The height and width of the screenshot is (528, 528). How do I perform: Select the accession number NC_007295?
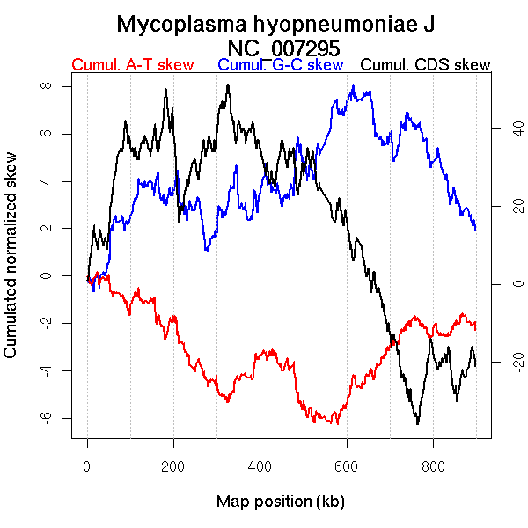pyautogui.click(x=283, y=47)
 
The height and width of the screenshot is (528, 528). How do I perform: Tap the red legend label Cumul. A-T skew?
pyautogui.click(x=132, y=65)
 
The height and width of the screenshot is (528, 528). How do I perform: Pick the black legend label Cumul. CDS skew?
pyautogui.click(x=426, y=65)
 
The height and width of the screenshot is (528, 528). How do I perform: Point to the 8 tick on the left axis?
pyautogui.click(x=47, y=86)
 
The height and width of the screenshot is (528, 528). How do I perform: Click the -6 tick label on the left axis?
pyautogui.click(x=47, y=417)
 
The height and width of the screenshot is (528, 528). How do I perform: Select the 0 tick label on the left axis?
pyautogui.click(x=47, y=275)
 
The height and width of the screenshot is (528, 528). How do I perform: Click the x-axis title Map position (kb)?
pyautogui.click(x=281, y=502)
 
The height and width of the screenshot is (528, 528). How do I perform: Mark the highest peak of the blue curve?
pyautogui.click(x=353, y=86)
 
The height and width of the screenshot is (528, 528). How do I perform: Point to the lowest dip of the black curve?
pyautogui.click(x=417, y=423)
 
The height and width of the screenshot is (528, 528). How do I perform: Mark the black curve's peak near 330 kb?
pyautogui.click(x=228, y=86)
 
